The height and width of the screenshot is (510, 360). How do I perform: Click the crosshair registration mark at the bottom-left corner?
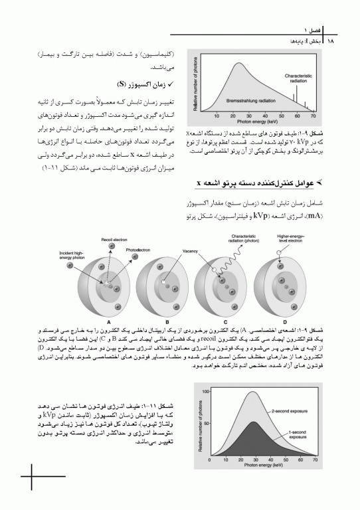(31, 477)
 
